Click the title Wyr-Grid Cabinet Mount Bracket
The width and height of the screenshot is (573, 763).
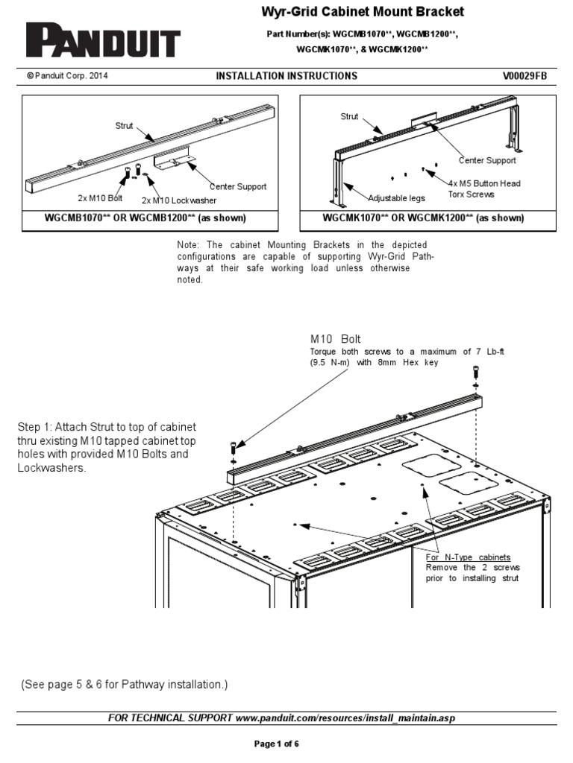coord(362,12)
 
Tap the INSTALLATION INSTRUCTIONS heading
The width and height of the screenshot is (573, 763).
coord(286,76)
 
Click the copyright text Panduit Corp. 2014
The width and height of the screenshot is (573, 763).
coord(67,76)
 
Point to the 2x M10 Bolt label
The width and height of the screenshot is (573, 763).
coord(100,197)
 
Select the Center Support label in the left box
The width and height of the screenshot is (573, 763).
coord(237,186)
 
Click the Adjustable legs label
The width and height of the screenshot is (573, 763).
coord(395,197)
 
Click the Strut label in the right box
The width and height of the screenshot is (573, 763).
coord(349,116)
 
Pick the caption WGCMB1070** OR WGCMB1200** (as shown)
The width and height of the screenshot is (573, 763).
coord(151,218)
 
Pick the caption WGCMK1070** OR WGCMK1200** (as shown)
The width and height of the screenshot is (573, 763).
coord(423,218)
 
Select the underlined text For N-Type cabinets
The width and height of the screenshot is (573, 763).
coord(468,557)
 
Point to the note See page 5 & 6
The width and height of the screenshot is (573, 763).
coord(124,684)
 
